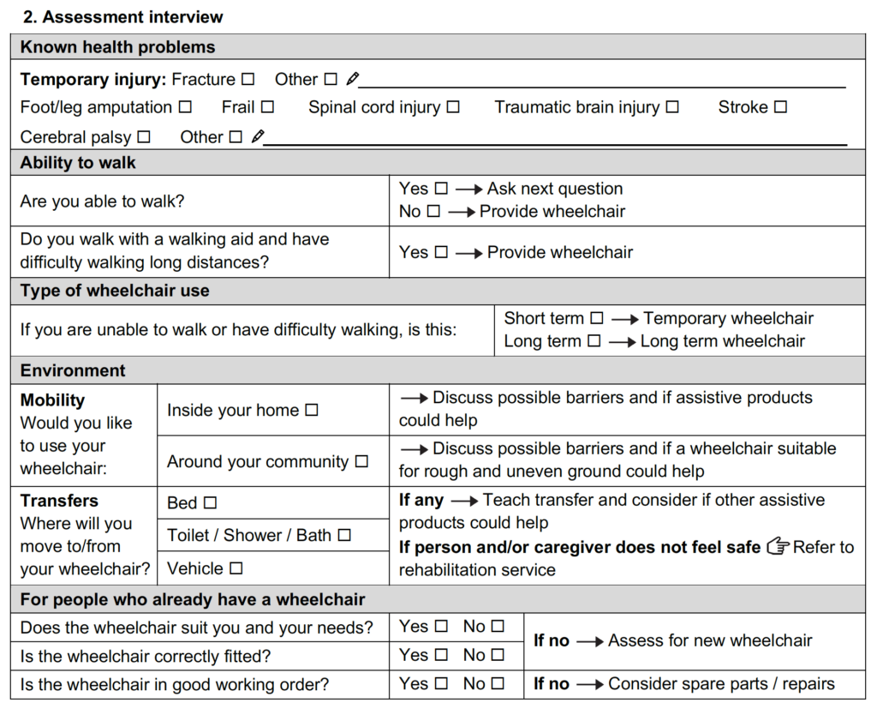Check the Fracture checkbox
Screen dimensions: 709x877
(248, 80)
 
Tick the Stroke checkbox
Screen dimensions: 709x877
(780, 107)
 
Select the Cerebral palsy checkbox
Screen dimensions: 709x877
(144, 137)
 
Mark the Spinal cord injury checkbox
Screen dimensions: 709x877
(453, 107)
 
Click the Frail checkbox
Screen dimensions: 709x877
(267, 107)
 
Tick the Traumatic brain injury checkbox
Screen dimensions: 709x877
(672, 107)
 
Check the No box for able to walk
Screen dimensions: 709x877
(433, 211)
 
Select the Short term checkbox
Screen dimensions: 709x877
(597, 318)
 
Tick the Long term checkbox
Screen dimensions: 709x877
(594, 341)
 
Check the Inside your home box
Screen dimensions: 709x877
(312, 411)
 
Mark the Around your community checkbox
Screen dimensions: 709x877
(361, 461)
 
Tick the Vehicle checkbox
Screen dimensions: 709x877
(236, 568)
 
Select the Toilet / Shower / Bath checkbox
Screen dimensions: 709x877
(344, 535)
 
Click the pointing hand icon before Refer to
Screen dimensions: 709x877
(778, 546)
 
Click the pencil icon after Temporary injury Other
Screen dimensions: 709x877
(352, 80)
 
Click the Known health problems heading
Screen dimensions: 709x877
(118, 47)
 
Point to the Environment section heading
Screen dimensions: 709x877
(73, 370)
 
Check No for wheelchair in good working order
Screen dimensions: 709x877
(498, 684)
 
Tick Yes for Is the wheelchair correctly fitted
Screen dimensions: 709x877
(441, 655)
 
